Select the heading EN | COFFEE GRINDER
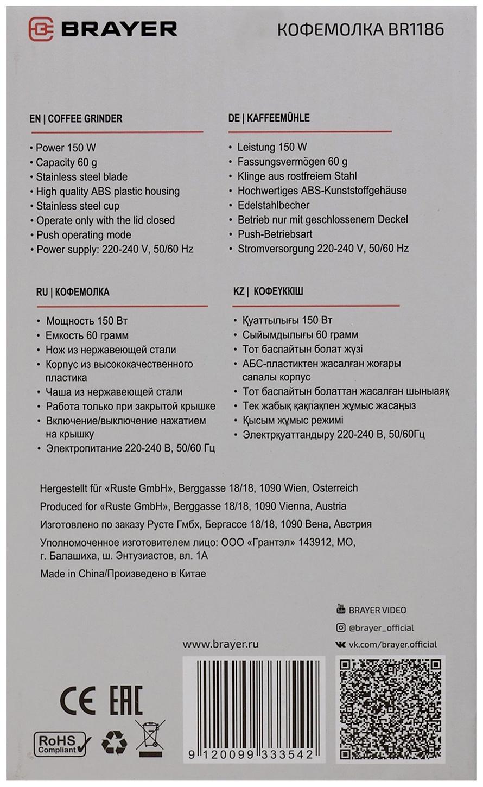pyautogui.click(x=76, y=118)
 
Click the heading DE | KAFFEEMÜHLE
pyautogui.click(x=269, y=118)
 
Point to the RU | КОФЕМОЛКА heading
pyautogui.click(x=73, y=292)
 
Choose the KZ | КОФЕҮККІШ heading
pyautogui.click(x=268, y=291)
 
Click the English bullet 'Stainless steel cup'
pyautogui.click(x=78, y=206)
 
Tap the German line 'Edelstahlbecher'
pyautogui.click(x=274, y=205)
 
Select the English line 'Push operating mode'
pyautogui.click(x=84, y=235)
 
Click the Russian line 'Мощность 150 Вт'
pyautogui.click(x=87, y=321)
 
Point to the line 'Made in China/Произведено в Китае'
pyautogui.click(x=123, y=574)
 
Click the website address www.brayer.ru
pyautogui.click(x=220, y=644)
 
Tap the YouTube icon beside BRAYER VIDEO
pyautogui.click(x=341, y=609)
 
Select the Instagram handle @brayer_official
pyautogui.click(x=381, y=627)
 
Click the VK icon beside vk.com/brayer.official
pyautogui.click(x=341, y=644)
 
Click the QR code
pyautogui.click(x=390, y=709)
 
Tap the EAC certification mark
pyautogui.click(x=126, y=701)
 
